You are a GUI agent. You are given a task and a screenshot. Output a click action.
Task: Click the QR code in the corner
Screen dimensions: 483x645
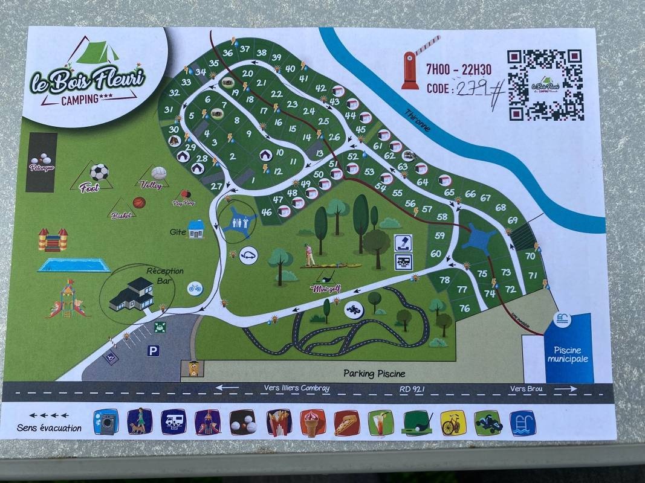point(545,85)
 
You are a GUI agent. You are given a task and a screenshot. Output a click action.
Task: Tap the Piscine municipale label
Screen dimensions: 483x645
point(568,354)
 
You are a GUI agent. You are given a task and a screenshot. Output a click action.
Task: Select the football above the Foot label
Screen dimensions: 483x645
point(99,172)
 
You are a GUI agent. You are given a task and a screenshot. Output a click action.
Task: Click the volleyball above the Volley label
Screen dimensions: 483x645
point(159,173)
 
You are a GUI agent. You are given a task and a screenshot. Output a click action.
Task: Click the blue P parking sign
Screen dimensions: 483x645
point(154,350)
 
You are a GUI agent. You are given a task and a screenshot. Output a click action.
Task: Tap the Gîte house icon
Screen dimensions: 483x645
point(196,229)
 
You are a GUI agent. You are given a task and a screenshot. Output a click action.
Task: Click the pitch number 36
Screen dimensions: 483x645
point(228,53)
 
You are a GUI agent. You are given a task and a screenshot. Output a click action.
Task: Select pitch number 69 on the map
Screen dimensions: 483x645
point(513,220)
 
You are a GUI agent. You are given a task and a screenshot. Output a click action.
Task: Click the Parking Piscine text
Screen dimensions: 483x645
point(374,373)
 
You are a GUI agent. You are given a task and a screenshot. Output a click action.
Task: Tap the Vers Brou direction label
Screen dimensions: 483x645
point(525,389)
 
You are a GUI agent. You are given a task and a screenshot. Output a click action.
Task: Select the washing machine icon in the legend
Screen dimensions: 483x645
point(106,422)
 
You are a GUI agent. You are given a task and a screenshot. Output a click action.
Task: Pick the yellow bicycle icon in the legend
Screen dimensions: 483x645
point(453,423)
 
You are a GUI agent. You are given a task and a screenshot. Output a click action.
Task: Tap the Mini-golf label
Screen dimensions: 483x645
point(326,289)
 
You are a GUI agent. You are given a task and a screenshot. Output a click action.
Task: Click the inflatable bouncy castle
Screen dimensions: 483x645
point(53,240)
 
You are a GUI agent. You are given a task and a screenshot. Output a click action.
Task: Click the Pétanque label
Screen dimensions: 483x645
point(42,167)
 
